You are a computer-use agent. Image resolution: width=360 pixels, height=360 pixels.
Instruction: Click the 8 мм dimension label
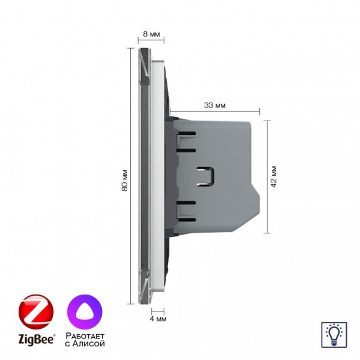(151, 34)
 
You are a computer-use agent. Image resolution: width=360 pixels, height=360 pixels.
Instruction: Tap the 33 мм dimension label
(215, 106)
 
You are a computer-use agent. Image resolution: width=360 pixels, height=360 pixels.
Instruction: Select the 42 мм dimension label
(274, 176)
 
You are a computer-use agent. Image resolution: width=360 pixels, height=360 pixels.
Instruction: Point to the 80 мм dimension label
(124, 180)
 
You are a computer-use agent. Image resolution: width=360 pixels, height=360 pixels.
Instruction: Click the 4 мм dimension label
(158, 319)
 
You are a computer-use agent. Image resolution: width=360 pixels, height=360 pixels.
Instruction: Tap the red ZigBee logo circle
(36, 312)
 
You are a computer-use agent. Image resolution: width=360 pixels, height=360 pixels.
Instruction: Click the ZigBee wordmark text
(37, 340)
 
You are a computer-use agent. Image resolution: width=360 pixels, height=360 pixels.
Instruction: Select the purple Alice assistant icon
(85, 312)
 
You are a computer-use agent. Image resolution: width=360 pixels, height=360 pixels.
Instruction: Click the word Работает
(85, 336)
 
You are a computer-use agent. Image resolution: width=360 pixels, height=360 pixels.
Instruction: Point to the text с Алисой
(85, 343)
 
